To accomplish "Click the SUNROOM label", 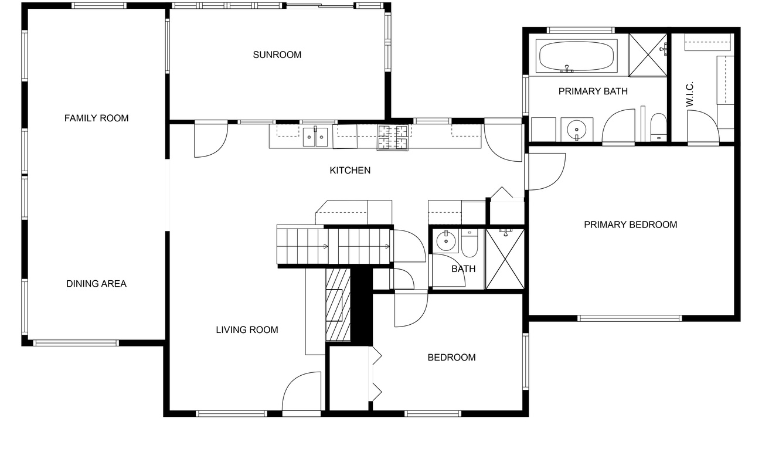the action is pyautogui.click(x=277, y=55).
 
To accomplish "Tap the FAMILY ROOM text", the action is pyautogui.click(x=96, y=118).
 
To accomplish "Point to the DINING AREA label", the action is pyautogui.click(x=96, y=284).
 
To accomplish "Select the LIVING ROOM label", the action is pyautogui.click(x=247, y=329).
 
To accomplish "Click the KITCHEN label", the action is pyautogui.click(x=350, y=170).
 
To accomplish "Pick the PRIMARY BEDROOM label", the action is pyautogui.click(x=630, y=225).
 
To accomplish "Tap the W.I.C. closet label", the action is pyautogui.click(x=689, y=94).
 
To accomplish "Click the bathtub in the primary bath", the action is pyautogui.click(x=577, y=56).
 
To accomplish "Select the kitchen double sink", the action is pyautogui.click(x=315, y=137).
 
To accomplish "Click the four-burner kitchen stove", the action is pyautogui.click(x=393, y=138).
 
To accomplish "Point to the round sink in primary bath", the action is pyautogui.click(x=577, y=130).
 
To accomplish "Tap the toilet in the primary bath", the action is pyautogui.click(x=659, y=128).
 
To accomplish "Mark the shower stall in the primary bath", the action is pyautogui.click(x=648, y=55).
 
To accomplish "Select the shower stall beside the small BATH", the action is pyautogui.click(x=505, y=259).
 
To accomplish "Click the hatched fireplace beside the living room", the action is pyautogui.click(x=338, y=305).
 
